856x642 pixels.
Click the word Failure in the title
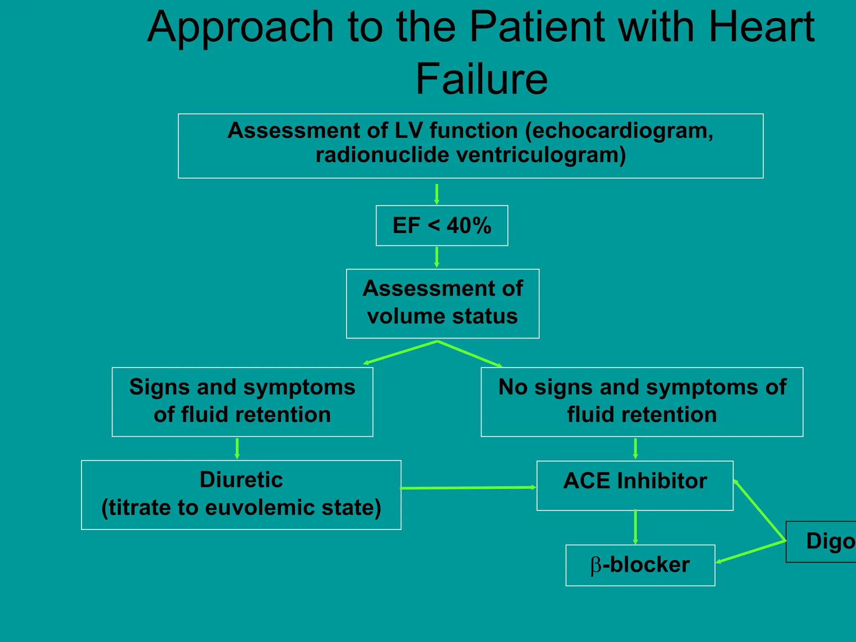pos(481,79)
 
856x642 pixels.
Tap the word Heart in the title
pos(762,27)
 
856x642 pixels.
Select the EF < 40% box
pos(442,226)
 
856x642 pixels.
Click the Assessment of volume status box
pos(443,303)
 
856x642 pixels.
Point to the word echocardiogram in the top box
pos(619,131)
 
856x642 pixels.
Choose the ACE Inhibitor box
pos(634,485)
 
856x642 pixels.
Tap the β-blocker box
pos(640,565)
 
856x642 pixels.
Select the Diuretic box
pos(241,495)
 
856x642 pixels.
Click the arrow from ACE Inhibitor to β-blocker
pos(635,527)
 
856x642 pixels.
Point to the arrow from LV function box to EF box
pos(437,194)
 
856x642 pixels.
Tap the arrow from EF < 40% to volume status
pos(437,257)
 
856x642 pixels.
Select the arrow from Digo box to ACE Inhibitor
pos(759,510)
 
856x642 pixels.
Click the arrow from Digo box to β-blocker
pos(751,552)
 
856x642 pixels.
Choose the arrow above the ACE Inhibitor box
pos(635,448)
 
